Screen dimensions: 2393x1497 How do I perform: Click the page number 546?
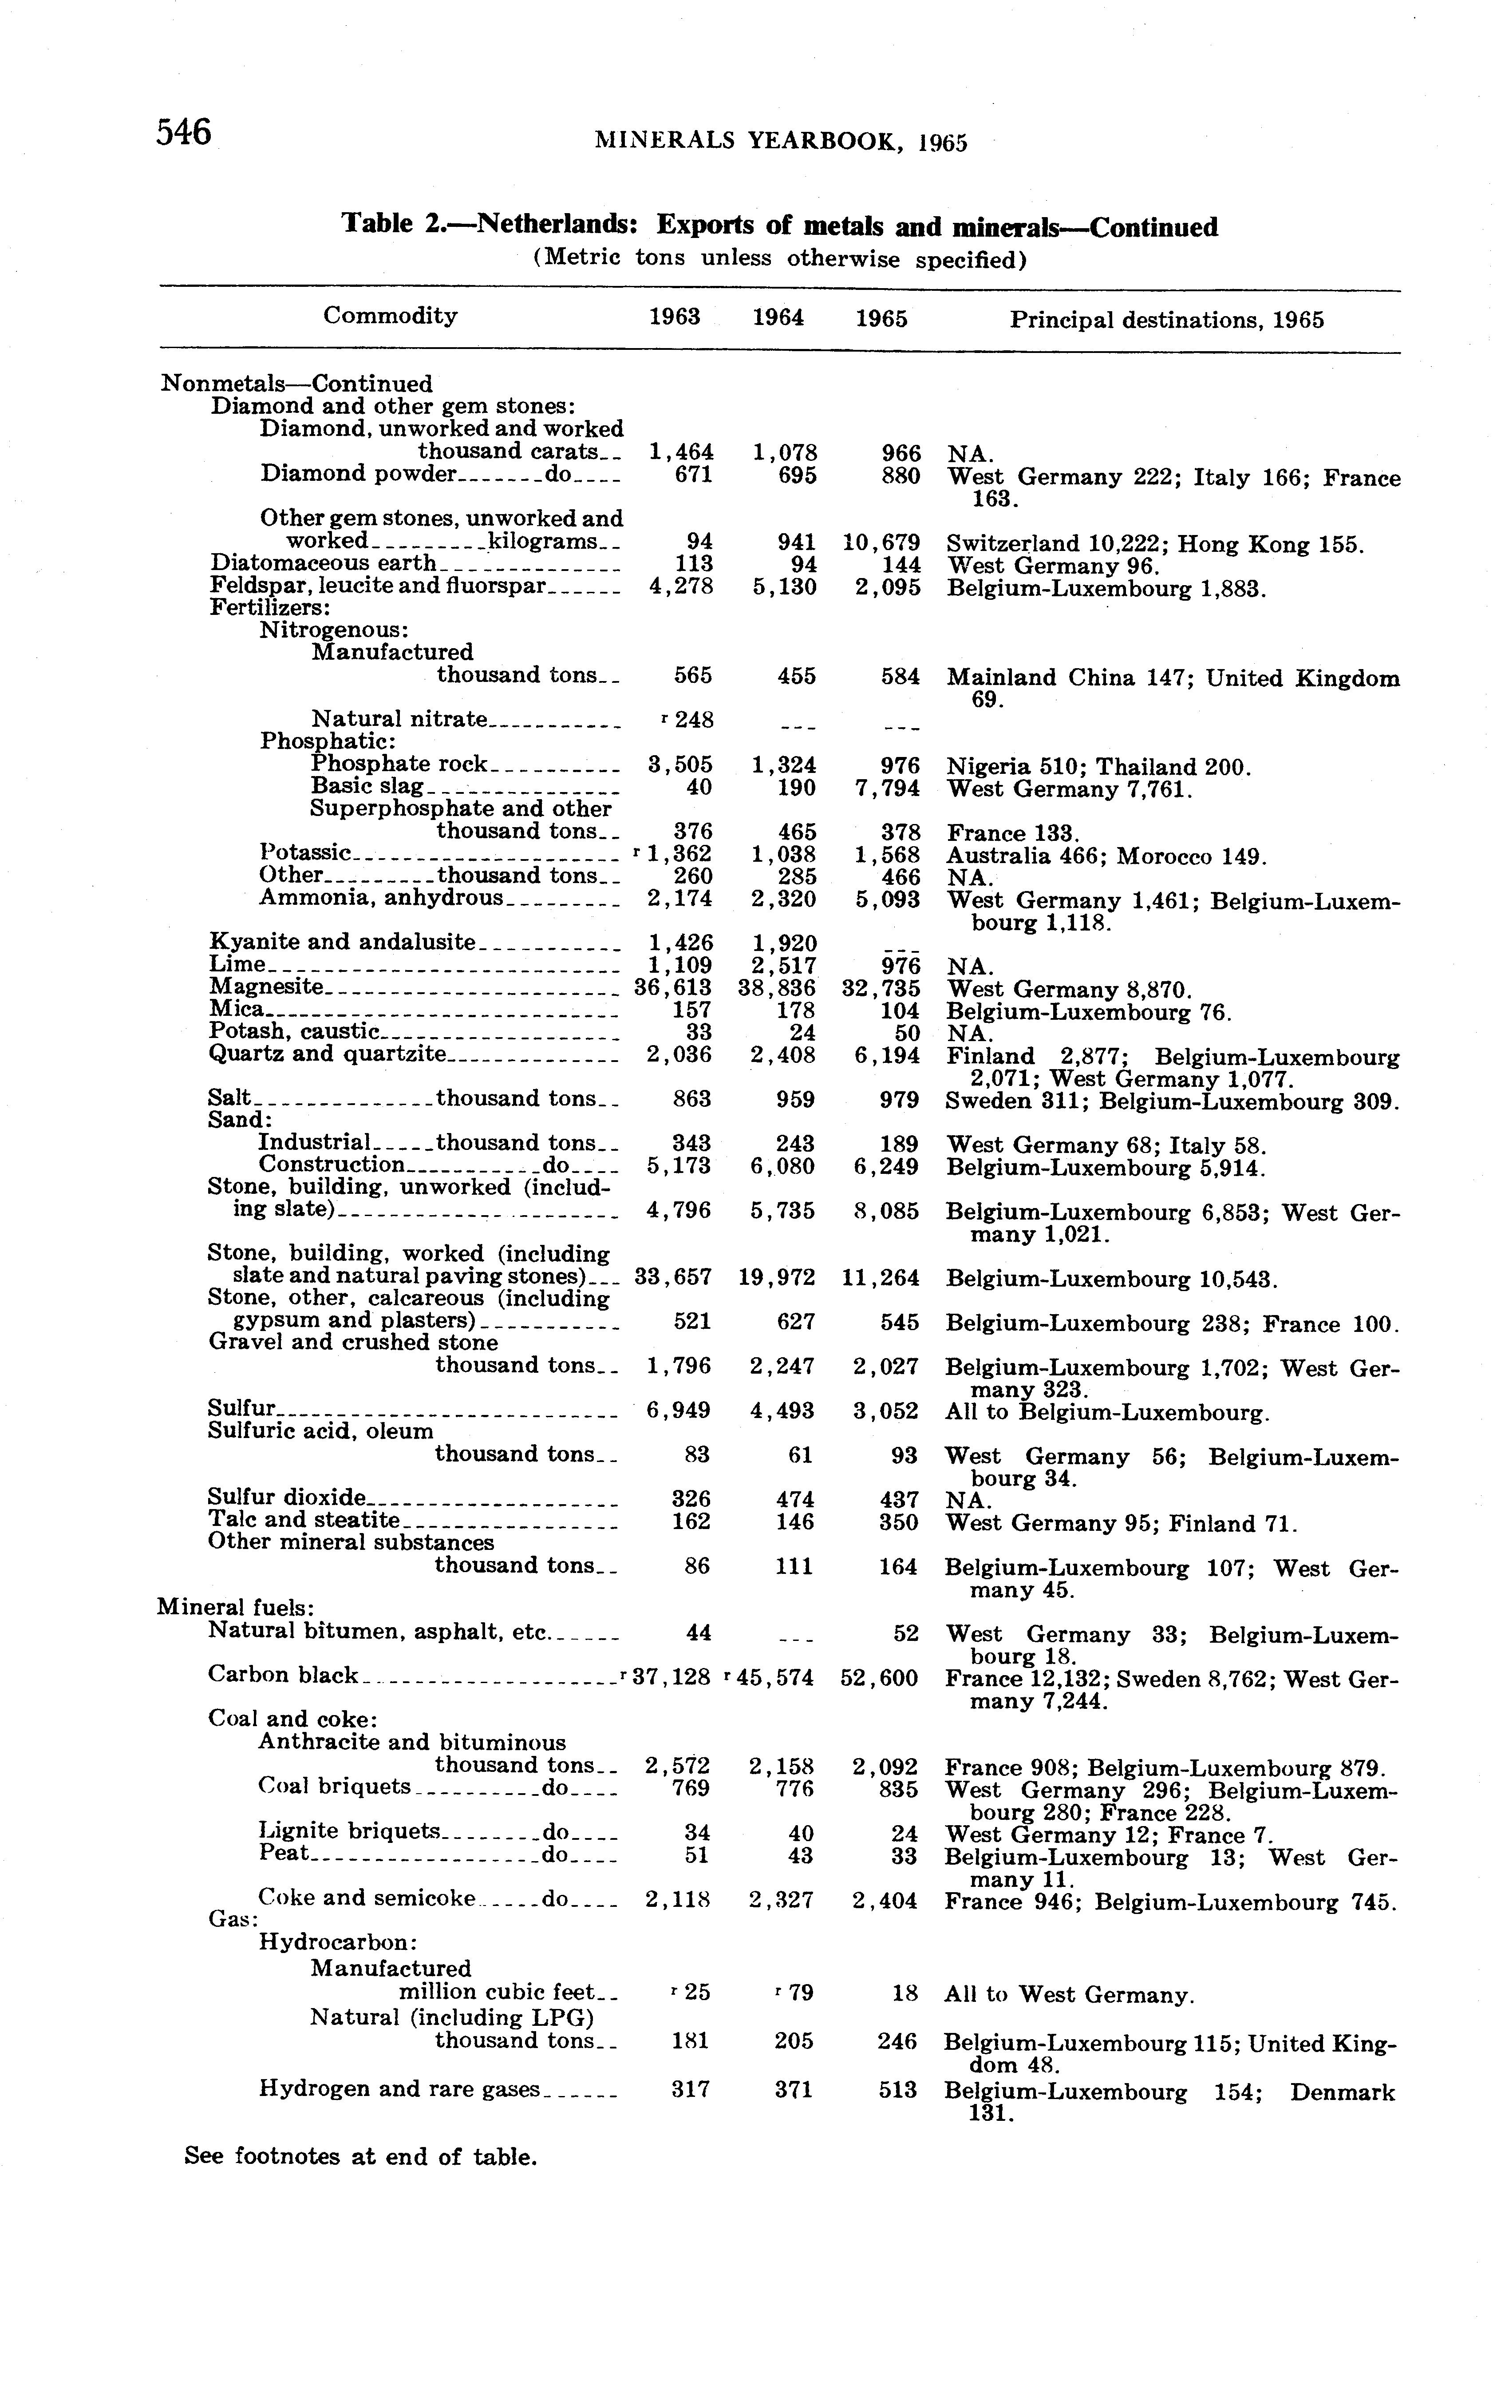tap(184, 132)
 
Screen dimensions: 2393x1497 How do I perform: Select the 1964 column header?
tap(778, 318)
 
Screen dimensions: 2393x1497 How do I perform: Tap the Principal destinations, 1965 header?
tap(1166, 320)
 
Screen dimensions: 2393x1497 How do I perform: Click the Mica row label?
tap(237, 1009)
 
